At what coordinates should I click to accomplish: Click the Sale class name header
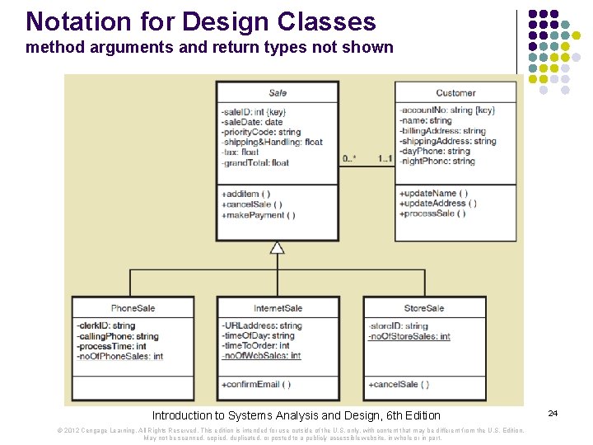pyautogui.click(x=278, y=93)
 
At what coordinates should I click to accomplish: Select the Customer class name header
pyautogui.click(x=455, y=93)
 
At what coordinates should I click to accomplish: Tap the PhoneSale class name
pyautogui.click(x=133, y=308)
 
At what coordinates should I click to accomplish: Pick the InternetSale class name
pyautogui.click(x=278, y=308)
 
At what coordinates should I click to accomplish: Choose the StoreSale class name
pyautogui.click(x=424, y=308)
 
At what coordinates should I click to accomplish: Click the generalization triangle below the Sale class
pyautogui.click(x=278, y=247)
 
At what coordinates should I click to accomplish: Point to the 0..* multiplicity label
pyautogui.click(x=349, y=158)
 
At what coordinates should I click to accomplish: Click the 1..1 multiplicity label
pyautogui.click(x=385, y=158)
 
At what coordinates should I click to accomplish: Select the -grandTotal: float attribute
pyautogui.click(x=255, y=162)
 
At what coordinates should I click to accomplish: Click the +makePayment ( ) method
pyautogui.click(x=258, y=215)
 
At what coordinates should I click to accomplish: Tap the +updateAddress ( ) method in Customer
pyautogui.click(x=438, y=204)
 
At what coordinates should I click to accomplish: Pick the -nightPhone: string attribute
pyautogui.click(x=437, y=162)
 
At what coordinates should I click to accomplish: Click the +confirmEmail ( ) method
pyautogui.click(x=255, y=384)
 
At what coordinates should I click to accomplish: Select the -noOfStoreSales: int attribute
pyautogui.click(x=409, y=336)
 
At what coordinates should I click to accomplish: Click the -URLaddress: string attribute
pyautogui.click(x=261, y=326)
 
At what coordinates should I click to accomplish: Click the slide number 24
pyautogui.click(x=553, y=412)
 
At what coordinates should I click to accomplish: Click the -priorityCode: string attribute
pyautogui.click(x=261, y=132)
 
